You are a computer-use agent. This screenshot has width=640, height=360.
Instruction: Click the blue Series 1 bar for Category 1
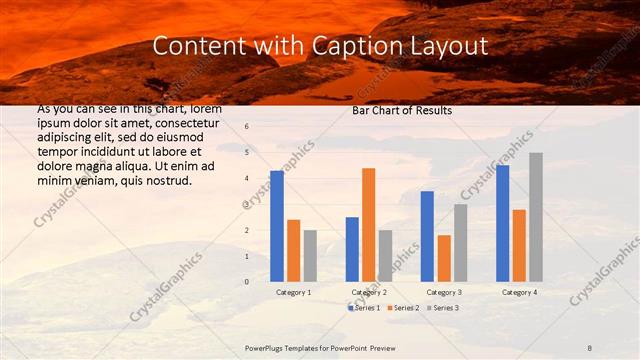(x=277, y=226)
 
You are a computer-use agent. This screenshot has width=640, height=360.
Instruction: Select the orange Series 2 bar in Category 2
(x=369, y=225)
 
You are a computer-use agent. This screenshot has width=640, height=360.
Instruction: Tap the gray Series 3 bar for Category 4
(x=536, y=217)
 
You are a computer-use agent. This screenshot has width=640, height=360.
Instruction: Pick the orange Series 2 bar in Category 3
(x=443, y=258)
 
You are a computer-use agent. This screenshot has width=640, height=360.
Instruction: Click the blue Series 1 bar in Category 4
(x=502, y=223)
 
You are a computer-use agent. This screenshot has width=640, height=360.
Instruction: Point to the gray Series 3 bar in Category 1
(x=310, y=256)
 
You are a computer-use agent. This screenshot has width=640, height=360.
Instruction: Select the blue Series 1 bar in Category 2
(x=352, y=249)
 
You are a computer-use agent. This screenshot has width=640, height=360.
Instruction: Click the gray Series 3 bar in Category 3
(x=460, y=243)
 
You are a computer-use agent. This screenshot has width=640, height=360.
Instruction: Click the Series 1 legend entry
(x=365, y=308)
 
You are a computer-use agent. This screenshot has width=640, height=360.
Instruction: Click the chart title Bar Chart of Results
(x=401, y=110)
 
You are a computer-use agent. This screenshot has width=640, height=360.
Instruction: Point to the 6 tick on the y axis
(x=246, y=127)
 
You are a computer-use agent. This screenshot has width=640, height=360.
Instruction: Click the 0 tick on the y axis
(x=246, y=282)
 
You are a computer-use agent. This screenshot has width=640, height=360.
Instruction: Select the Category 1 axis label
(x=293, y=292)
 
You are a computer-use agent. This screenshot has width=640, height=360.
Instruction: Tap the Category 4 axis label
(x=519, y=292)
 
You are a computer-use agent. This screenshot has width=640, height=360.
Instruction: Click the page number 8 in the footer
(x=590, y=347)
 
